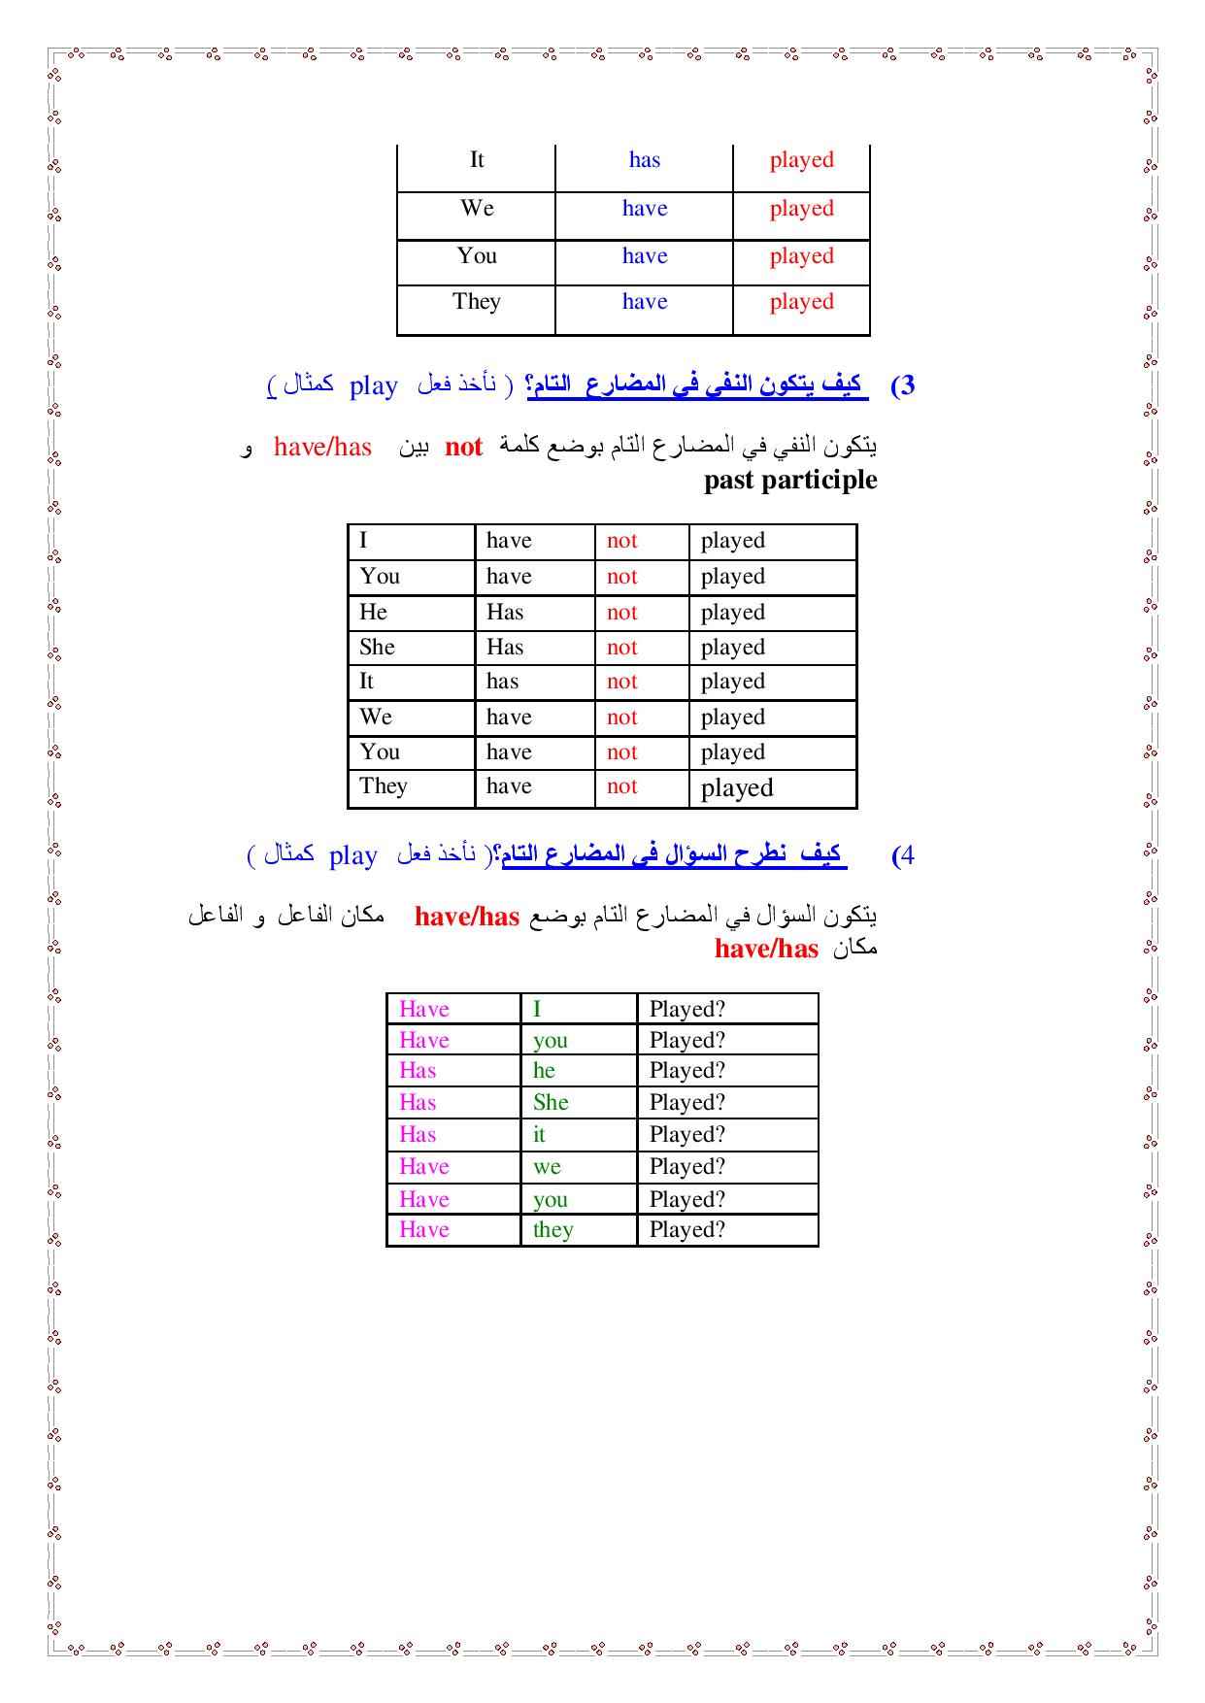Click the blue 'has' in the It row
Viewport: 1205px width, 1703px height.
point(644,160)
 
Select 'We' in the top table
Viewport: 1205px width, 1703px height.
point(477,209)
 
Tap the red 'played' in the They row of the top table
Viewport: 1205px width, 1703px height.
point(801,302)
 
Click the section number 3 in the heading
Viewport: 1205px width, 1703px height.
point(902,385)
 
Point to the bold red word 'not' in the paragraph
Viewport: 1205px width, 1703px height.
point(463,447)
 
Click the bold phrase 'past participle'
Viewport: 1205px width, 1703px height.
point(789,480)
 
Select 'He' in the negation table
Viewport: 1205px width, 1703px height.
point(373,613)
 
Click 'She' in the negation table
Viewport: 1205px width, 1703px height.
point(377,648)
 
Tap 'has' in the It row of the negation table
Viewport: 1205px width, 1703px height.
point(502,682)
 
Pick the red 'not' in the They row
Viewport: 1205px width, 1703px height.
point(621,786)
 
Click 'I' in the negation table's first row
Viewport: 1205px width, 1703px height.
point(363,541)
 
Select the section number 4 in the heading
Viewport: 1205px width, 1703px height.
point(903,855)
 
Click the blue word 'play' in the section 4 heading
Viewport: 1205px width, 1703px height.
point(353,856)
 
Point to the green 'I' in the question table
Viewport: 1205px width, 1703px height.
point(537,1010)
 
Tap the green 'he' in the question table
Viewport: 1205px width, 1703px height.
point(544,1071)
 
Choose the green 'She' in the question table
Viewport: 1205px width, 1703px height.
point(551,1103)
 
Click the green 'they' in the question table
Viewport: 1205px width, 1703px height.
point(552,1230)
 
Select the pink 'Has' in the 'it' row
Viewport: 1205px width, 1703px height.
point(418,1135)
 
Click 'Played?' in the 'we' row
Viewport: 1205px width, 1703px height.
point(686,1167)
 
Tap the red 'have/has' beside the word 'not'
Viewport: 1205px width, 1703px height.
point(322,447)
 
